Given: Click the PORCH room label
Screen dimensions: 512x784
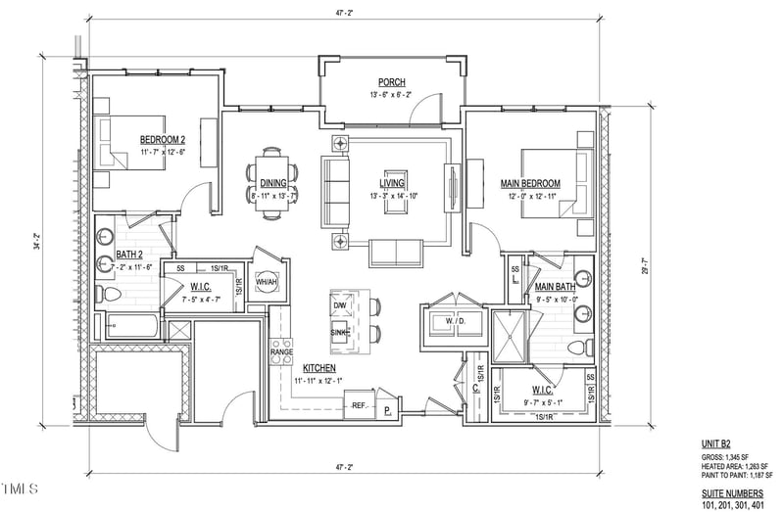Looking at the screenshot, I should [x=392, y=82].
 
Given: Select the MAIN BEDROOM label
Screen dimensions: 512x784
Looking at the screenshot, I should [x=529, y=183].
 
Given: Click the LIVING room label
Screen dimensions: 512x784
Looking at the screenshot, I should [x=392, y=183].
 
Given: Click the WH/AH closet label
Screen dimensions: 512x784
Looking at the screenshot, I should [x=267, y=282].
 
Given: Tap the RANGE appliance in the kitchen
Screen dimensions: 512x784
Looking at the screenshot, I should [x=281, y=351].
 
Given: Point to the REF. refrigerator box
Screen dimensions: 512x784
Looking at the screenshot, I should [x=359, y=404].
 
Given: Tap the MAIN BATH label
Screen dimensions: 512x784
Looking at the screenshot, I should [x=555, y=287].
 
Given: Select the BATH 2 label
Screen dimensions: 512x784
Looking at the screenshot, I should [x=129, y=255].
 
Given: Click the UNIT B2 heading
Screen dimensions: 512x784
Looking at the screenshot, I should [x=717, y=442].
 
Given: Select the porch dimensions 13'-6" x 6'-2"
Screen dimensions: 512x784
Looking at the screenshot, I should [x=392, y=95].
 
